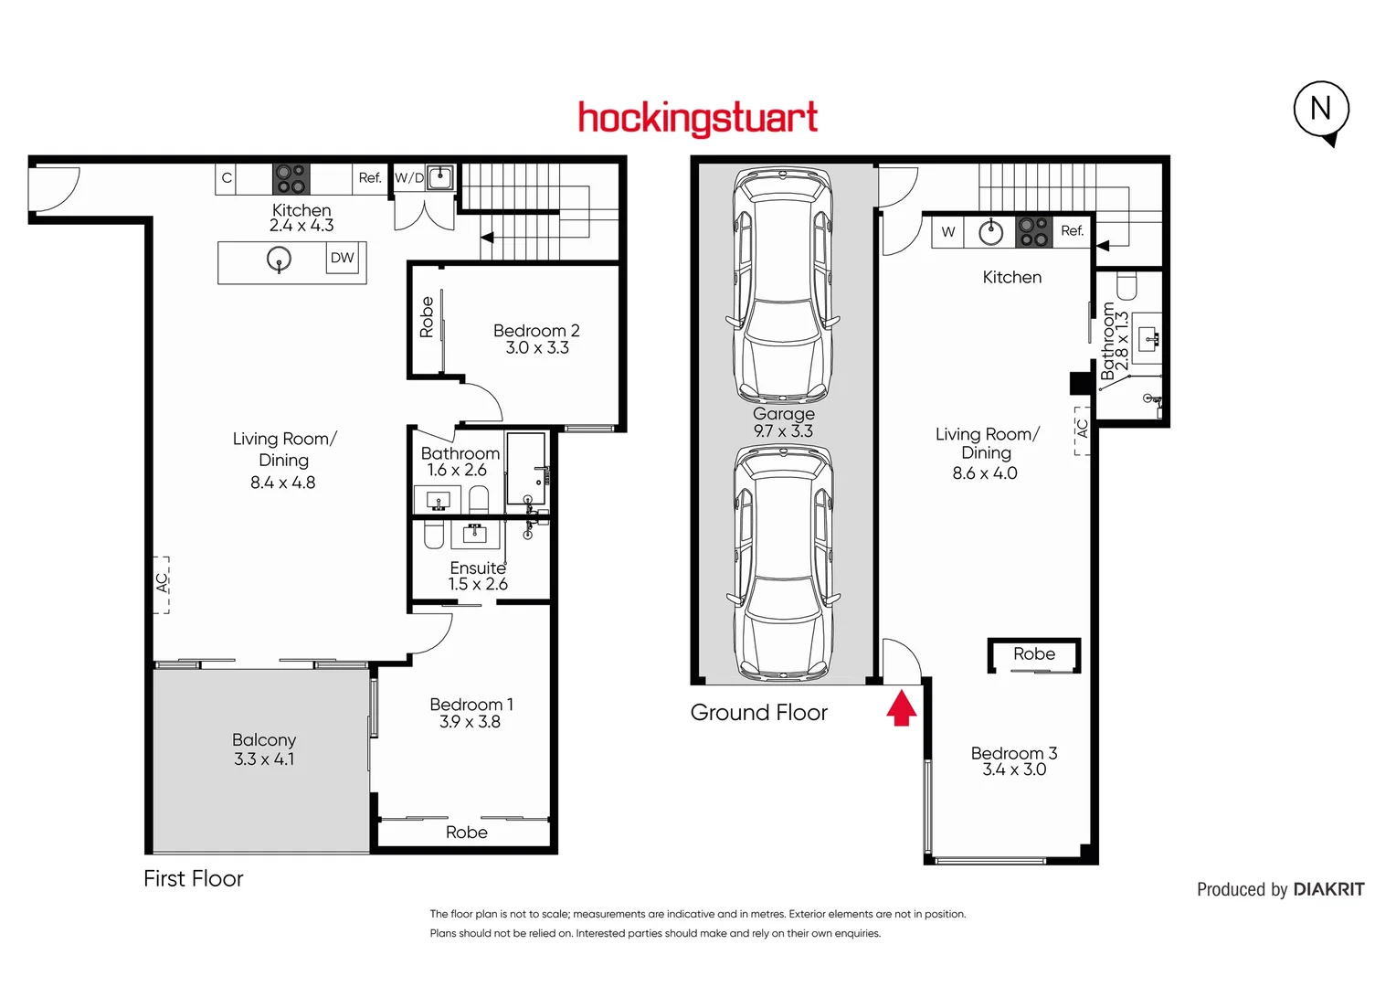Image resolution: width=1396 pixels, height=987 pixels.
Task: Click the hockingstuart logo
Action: [698, 119]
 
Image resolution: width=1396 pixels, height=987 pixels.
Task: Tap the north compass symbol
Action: [1321, 111]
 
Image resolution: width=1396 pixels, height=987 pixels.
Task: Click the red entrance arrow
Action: [902, 708]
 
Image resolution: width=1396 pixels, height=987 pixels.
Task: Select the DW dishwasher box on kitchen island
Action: [343, 258]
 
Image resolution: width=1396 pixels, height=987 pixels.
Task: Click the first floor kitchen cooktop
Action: [291, 177]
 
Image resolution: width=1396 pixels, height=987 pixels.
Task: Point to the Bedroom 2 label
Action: [536, 330]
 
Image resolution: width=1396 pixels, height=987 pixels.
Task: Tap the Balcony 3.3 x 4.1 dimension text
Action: [264, 759]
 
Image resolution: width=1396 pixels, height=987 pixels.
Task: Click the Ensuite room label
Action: [477, 568]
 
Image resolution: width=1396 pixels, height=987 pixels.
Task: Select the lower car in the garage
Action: [783, 563]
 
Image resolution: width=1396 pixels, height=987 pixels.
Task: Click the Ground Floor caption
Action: [758, 713]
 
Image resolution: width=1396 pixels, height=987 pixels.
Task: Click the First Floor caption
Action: [194, 879]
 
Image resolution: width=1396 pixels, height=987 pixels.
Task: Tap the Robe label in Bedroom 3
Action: [1034, 653]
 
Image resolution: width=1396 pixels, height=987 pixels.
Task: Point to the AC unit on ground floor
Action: [1082, 430]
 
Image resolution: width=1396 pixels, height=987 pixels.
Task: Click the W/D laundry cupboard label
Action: [409, 177]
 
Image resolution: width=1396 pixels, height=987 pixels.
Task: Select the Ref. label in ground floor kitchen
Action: [1072, 231]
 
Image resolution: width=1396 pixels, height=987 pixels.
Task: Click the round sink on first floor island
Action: [279, 260]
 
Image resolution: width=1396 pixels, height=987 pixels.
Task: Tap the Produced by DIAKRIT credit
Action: [1280, 889]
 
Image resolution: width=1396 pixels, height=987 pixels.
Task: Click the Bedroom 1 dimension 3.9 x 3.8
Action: [470, 722]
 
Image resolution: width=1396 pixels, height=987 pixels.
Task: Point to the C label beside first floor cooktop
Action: [227, 178]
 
